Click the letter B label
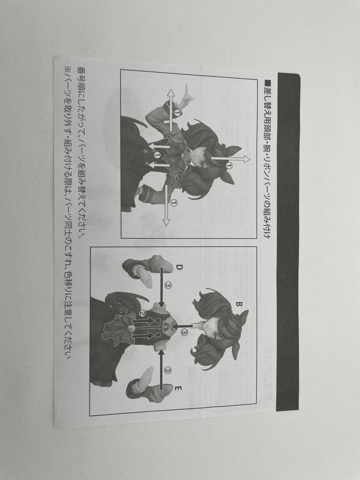(x=238, y=304)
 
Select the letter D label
(x=179, y=267)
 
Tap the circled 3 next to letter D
(x=168, y=285)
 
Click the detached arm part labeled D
(x=144, y=269)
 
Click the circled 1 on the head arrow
(x=229, y=166)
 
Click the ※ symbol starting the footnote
(x=68, y=70)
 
